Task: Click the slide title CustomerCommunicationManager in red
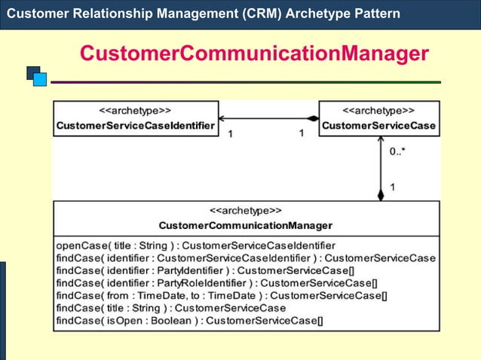click(254, 54)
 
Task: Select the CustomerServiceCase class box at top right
click(378, 119)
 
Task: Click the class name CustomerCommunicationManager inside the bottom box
click(245, 225)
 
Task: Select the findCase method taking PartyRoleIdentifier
click(217, 283)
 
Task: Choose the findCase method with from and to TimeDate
click(222, 296)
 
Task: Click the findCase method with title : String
click(171, 308)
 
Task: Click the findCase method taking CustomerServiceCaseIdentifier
click(246, 258)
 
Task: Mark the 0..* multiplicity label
click(397, 152)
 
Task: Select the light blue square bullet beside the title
click(40, 79)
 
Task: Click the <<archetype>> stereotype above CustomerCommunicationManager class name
click(245, 211)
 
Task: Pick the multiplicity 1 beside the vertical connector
click(393, 186)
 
